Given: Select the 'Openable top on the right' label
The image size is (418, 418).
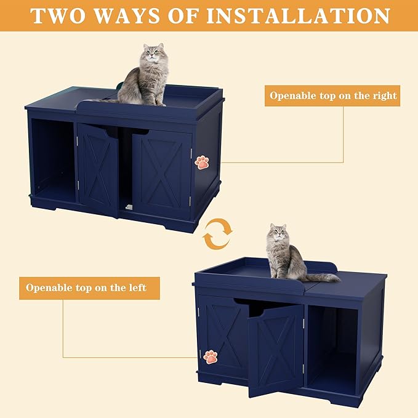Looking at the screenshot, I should [332, 96].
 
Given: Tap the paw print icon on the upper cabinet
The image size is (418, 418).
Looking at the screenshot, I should [202, 162].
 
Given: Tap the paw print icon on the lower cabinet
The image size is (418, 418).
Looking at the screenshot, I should [211, 356].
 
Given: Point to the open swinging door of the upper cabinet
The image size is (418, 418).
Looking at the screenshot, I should [98, 169].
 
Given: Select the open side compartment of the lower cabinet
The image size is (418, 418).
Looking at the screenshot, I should [332, 348].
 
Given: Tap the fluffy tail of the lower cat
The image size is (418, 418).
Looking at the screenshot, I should [323, 277].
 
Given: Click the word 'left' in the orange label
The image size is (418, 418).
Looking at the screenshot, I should [135, 288].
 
